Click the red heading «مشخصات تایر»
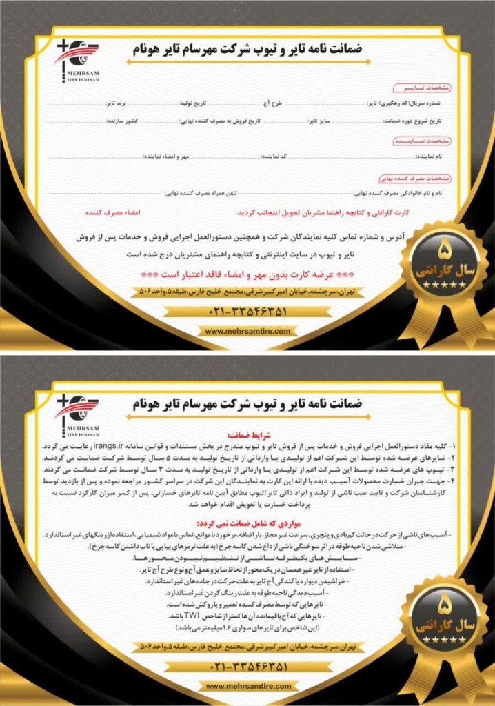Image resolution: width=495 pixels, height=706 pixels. [x=421, y=88]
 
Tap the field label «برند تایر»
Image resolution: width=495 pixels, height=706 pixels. [x=117, y=103]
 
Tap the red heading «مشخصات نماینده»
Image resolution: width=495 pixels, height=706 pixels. [x=421, y=140]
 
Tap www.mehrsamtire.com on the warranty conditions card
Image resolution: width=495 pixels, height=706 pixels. [x=247, y=686]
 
